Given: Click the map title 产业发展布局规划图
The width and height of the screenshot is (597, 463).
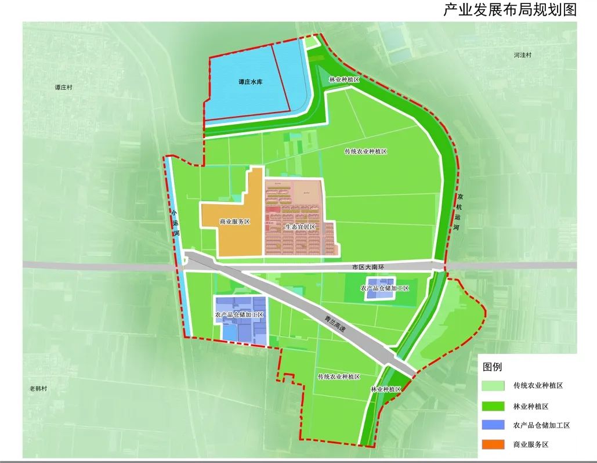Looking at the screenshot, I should pos(510,10).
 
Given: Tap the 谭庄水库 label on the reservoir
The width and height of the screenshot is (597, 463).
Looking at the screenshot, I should pos(251,82).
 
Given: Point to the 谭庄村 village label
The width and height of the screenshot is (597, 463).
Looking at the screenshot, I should pos(63,87).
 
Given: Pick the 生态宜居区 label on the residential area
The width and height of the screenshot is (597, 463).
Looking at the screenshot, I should pos(300,226).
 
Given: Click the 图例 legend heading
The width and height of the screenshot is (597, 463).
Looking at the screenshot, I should pos(493,367).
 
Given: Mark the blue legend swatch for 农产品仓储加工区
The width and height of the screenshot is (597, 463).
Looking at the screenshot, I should pos(493,425).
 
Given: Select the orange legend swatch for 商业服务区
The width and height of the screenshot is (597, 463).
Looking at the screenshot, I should pos(493,445).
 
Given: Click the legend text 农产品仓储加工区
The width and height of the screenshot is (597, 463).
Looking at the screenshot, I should pos(541,425).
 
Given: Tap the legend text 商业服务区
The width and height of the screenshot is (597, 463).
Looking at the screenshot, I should pos(530,445).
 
